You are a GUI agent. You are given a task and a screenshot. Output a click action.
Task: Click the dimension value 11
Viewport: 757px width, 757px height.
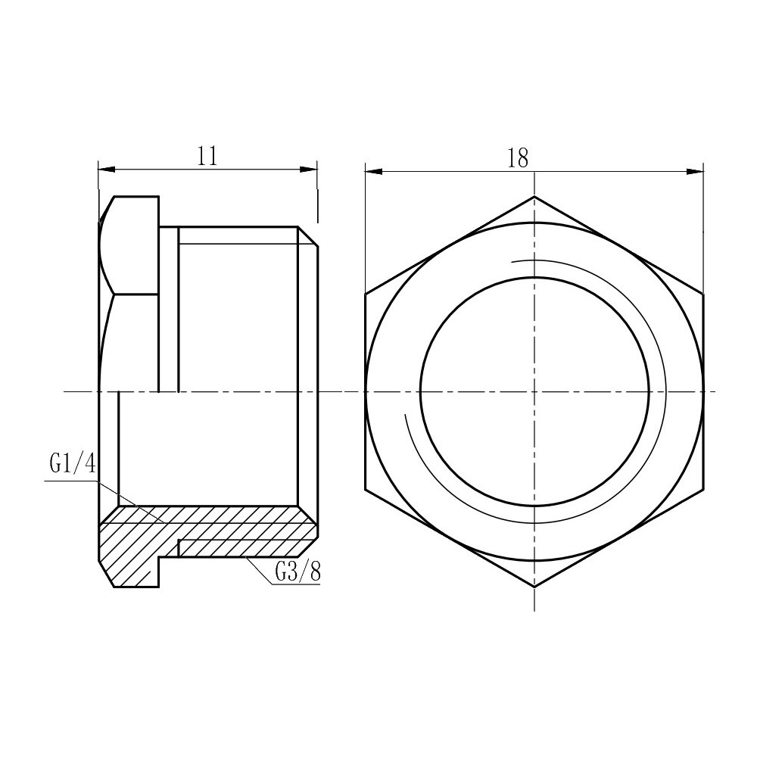(207, 156)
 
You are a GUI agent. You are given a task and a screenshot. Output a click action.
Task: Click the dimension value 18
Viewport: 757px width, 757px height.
(519, 157)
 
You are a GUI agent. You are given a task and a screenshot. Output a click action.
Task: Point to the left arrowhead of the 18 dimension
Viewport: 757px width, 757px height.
(373, 171)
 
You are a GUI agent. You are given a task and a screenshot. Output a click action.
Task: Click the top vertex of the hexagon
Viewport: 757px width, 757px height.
(534, 197)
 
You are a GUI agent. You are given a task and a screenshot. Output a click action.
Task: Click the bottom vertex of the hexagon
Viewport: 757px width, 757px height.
(534, 587)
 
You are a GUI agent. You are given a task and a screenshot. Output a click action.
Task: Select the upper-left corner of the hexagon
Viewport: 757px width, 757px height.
(365, 294)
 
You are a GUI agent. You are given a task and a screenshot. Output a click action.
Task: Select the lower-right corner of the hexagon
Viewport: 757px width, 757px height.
(704, 490)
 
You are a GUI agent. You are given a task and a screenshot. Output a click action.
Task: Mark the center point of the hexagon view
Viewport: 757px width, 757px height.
(534, 391)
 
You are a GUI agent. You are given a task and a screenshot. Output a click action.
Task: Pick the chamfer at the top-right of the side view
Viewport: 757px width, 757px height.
(308, 236)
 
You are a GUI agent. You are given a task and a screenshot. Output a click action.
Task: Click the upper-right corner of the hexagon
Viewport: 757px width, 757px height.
(704, 294)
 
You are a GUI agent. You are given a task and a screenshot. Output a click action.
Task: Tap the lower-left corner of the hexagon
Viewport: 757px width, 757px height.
(365, 490)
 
